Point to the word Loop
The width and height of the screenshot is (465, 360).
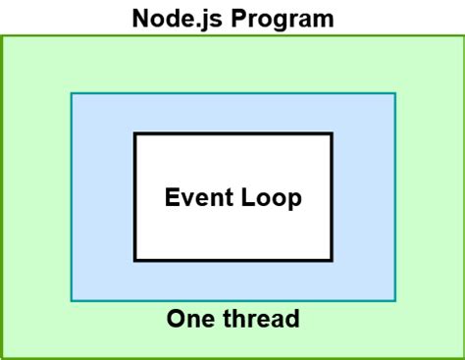coord(271,198)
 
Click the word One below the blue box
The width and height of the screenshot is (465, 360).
coord(186,319)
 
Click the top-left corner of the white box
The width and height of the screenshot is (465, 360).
coord(134,133)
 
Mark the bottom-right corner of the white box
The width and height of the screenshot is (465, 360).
coord(332,261)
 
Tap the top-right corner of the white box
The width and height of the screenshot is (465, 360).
coord(332,133)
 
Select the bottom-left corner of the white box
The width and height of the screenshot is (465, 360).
coord(134,261)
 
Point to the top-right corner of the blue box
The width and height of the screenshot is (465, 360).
coord(395,94)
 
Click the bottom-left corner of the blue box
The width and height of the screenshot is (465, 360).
coord(71,299)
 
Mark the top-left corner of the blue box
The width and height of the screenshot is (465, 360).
coord(71,94)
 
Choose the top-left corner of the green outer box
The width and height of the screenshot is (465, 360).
coord(2,36)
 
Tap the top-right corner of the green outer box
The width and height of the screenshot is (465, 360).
coord(462,36)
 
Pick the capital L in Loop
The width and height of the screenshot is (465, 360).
coord(247,198)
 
